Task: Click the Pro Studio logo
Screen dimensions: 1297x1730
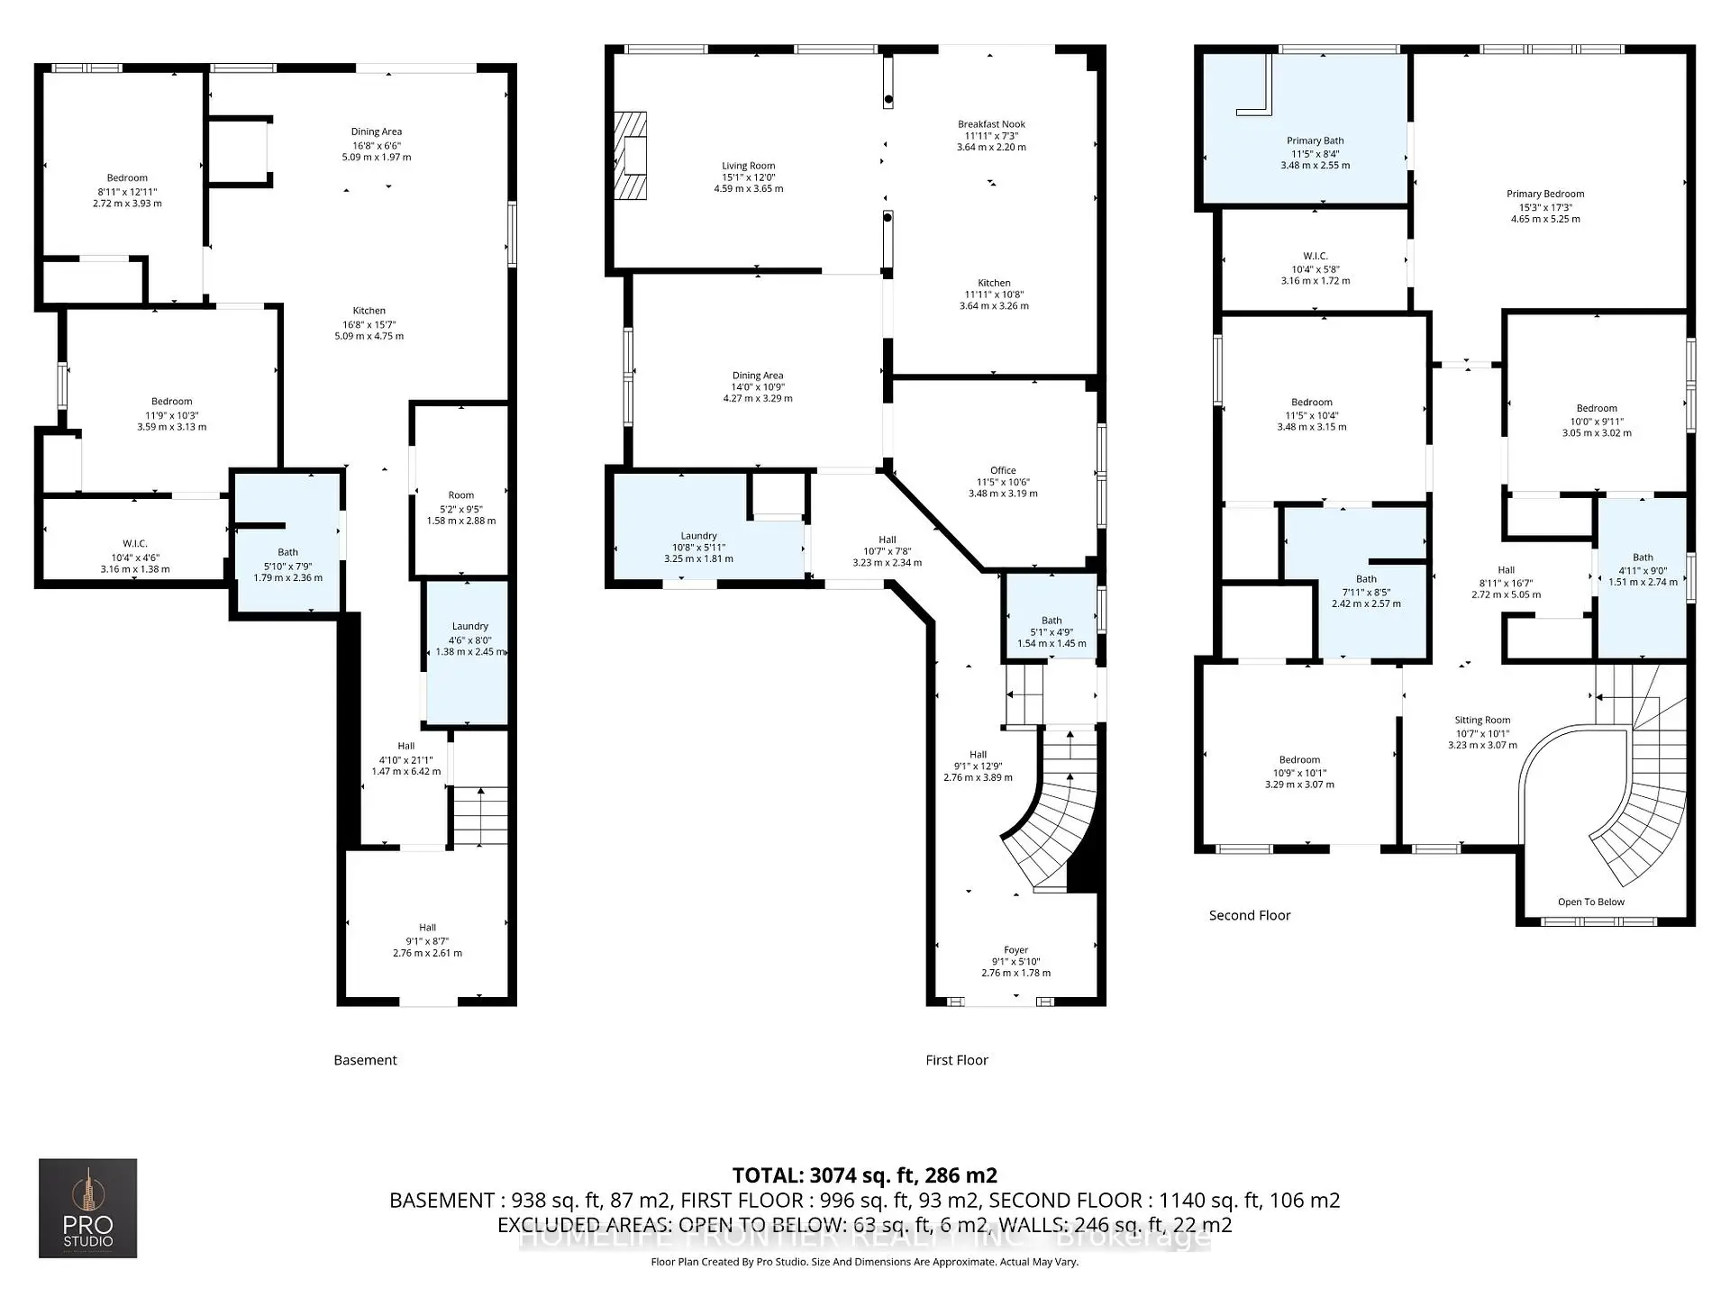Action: (x=87, y=1208)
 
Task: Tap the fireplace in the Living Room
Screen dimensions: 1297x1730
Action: (x=631, y=156)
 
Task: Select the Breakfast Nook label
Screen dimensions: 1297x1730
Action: (x=991, y=124)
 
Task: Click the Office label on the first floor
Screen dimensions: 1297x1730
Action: (x=1003, y=470)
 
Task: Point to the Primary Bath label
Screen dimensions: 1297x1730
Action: (x=1315, y=141)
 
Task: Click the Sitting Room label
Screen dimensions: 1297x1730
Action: (x=1482, y=720)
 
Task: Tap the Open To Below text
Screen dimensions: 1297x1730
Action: (x=1590, y=902)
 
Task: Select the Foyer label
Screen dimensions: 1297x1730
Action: (x=1015, y=949)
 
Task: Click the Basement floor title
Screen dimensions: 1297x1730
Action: (x=365, y=1060)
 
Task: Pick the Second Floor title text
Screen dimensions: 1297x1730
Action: (x=1249, y=915)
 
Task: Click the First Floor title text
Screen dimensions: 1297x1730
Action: (x=956, y=1060)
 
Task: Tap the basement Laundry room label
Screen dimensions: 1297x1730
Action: (x=469, y=626)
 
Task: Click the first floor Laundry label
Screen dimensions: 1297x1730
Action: (x=698, y=535)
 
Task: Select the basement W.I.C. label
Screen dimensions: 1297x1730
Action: (x=135, y=543)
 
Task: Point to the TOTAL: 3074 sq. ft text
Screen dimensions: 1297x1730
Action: (x=864, y=1175)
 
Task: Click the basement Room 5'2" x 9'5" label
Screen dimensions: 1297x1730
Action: (x=460, y=495)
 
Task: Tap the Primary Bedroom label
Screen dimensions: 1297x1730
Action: (x=1544, y=194)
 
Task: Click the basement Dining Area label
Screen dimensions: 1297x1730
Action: (x=377, y=132)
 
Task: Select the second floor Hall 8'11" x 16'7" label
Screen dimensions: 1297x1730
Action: (x=1506, y=570)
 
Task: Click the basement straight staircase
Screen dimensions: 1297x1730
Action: (x=479, y=815)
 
